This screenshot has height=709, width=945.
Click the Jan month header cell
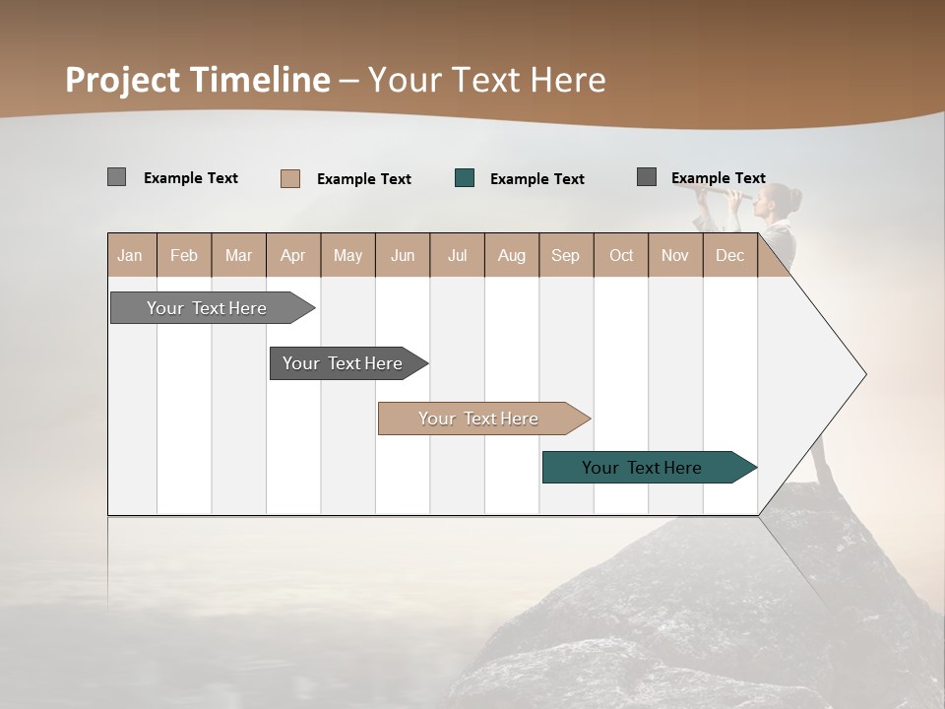tap(131, 255)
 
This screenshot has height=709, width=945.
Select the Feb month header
tap(184, 255)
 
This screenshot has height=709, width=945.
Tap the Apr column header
tap(293, 255)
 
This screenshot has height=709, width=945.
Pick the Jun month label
tap(403, 255)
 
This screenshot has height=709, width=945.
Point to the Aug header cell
tap(512, 255)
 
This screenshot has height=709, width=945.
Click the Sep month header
tap(566, 255)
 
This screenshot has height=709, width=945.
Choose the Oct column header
tap(621, 255)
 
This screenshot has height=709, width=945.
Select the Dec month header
tap(730, 255)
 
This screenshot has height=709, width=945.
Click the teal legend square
tap(465, 178)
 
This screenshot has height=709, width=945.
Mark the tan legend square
tap(290, 178)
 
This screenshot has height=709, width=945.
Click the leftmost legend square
tap(117, 177)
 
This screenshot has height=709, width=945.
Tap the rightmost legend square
tap(647, 177)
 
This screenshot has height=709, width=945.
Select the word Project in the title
tap(122, 80)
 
